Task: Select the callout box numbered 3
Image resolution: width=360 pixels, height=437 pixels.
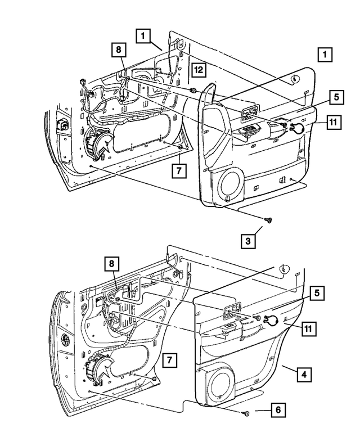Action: tap(248, 242)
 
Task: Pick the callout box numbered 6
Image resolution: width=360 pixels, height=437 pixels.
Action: tap(277, 411)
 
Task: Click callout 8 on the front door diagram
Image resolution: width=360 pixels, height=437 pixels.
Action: tap(119, 50)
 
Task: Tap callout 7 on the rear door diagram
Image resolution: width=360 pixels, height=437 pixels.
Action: tap(169, 359)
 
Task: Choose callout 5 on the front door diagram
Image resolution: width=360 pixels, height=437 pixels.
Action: tap(335, 97)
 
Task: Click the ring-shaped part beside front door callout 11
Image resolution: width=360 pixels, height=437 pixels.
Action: tap(298, 128)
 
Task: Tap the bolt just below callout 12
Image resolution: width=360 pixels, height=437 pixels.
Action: tap(193, 90)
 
